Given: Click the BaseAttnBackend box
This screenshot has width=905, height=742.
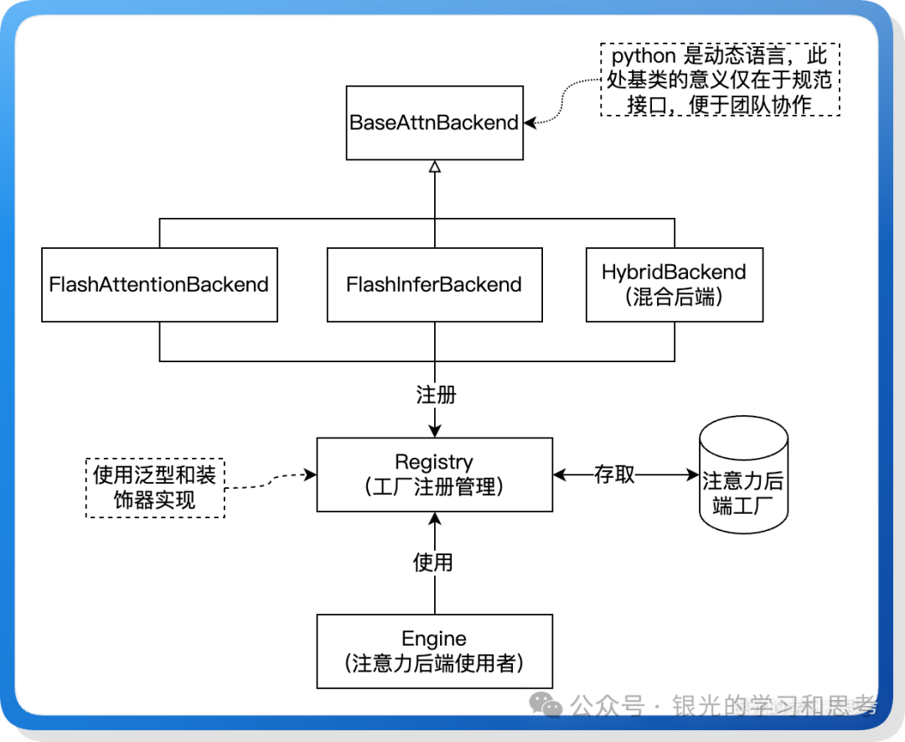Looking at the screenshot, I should [x=434, y=122].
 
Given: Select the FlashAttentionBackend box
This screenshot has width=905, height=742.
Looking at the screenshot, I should [x=159, y=284].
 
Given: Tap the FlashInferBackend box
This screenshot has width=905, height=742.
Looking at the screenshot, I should [x=434, y=284].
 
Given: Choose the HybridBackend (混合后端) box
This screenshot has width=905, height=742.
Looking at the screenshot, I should [x=674, y=284].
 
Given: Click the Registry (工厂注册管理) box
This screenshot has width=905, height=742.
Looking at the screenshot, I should [x=434, y=475].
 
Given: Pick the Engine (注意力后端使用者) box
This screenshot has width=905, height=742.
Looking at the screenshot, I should [x=434, y=651].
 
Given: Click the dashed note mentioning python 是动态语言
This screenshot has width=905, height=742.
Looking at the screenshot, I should [x=720, y=80].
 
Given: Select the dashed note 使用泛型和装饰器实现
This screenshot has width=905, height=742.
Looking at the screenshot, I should [x=155, y=487].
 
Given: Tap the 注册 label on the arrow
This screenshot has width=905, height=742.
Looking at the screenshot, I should [x=435, y=394].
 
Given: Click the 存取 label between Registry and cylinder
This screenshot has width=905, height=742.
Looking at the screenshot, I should [x=614, y=475].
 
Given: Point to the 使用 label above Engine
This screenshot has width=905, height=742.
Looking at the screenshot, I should [x=433, y=563].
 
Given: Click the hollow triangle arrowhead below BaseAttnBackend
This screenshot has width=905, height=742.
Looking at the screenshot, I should [x=434, y=167].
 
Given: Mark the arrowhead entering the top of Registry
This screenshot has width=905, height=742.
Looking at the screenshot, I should [x=434, y=430].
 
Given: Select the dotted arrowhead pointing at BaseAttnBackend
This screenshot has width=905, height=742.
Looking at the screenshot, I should [x=531, y=122].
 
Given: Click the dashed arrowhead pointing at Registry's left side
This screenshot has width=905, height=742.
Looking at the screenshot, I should [x=310, y=475].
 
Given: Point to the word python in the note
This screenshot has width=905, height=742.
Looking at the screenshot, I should [x=644, y=57].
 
